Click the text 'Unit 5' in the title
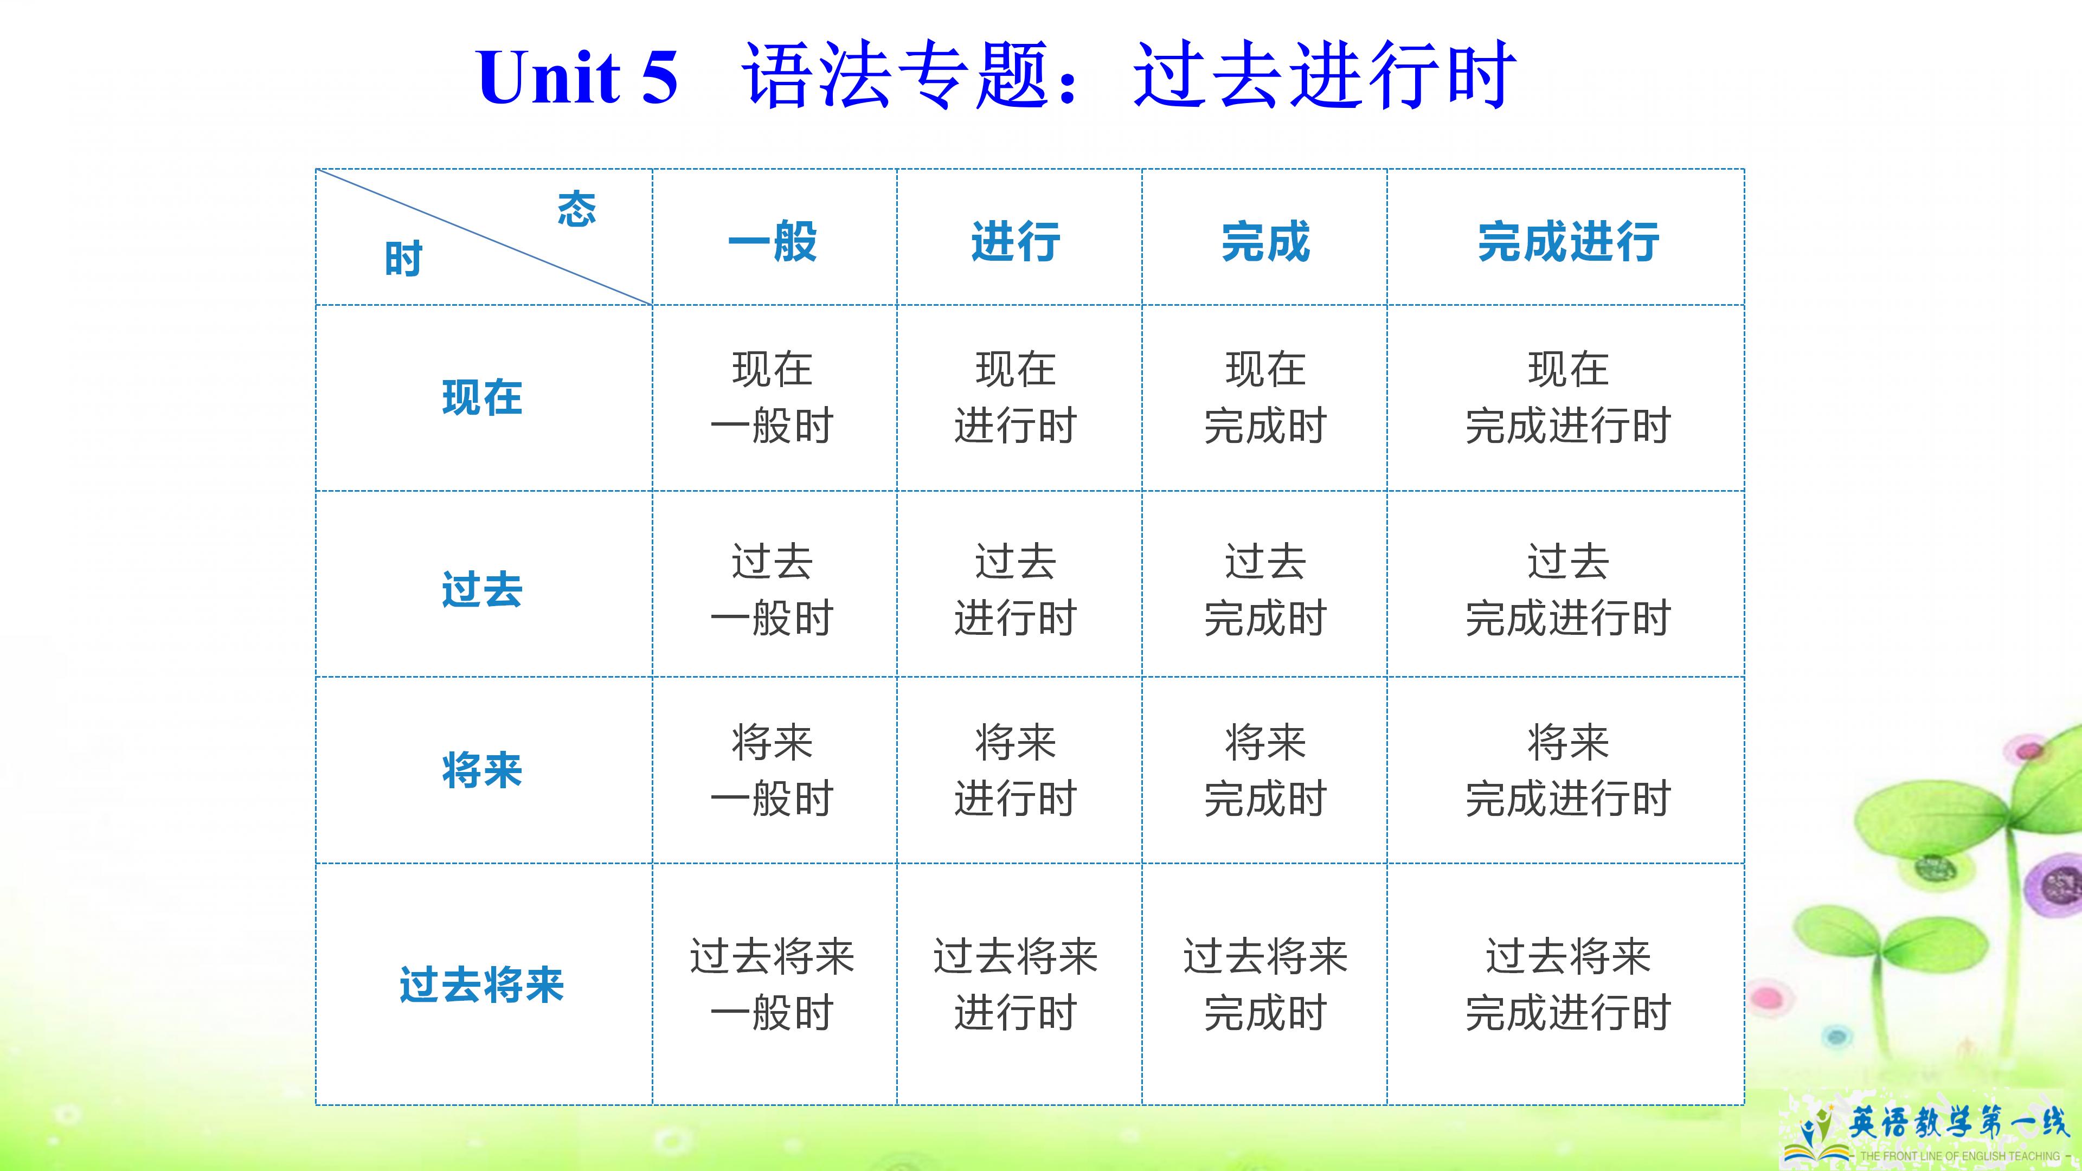tap(577, 77)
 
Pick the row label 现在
tap(483, 397)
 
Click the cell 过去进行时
tap(1016, 589)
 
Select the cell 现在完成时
tap(1265, 397)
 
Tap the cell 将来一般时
tap(773, 770)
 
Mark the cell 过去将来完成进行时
tap(1568, 985)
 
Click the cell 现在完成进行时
tap(1568, 397)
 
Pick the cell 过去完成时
tap(1265, 589)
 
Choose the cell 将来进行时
tap(1016, 770)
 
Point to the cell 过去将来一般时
tap(773, 985)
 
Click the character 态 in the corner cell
tap(577, 209)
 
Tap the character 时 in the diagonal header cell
tap(403, 259)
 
